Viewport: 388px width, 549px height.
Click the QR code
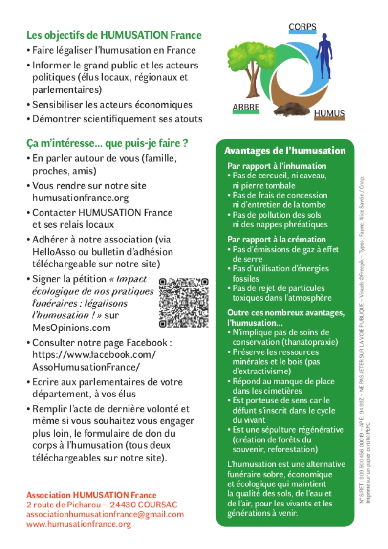(184, 302)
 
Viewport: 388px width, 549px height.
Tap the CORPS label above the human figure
(302, 27)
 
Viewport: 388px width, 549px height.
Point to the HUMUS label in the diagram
(329, 114)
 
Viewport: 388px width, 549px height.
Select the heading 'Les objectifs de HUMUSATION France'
(114, 36)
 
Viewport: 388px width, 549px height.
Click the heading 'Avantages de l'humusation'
(284, 151)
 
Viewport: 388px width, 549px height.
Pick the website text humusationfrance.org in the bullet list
(81, 198)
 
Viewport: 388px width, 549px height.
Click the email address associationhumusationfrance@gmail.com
(105, 514)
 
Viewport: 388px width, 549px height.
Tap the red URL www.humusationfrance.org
(79, 524)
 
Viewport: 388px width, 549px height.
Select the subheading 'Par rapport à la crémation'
(277, 240)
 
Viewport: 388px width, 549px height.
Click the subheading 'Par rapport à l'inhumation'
(277, 166)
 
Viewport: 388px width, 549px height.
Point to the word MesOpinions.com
(71, 328)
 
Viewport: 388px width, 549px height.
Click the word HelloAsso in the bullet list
(51, 252)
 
